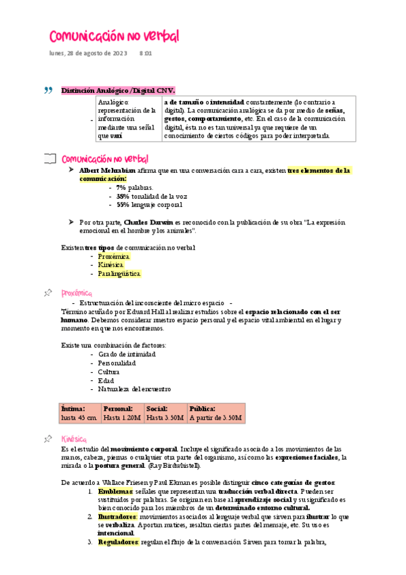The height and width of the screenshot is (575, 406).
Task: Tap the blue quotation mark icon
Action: coord(47,90)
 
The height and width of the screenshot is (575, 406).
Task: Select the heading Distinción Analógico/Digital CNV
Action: coord(117,90)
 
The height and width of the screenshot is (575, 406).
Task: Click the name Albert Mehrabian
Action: coord(107,170)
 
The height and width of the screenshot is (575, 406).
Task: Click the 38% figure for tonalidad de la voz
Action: coord(122,196)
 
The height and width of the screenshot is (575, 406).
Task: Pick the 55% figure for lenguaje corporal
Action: coord(122,204)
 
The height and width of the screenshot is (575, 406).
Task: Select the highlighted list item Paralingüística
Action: coord(119,274)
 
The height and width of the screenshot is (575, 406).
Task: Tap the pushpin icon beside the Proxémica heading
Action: coord(48,292)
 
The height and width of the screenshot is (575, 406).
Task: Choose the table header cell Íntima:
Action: coord(73,409)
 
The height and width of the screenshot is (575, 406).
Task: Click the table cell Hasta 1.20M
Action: coord(122,418)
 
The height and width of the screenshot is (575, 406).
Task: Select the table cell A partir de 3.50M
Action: coord(216,418)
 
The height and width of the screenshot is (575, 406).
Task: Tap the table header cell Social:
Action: coord(157,409)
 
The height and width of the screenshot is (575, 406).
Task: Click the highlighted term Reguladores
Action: coord(119,542)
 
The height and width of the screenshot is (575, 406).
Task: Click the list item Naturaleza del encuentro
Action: coord(134,389)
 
